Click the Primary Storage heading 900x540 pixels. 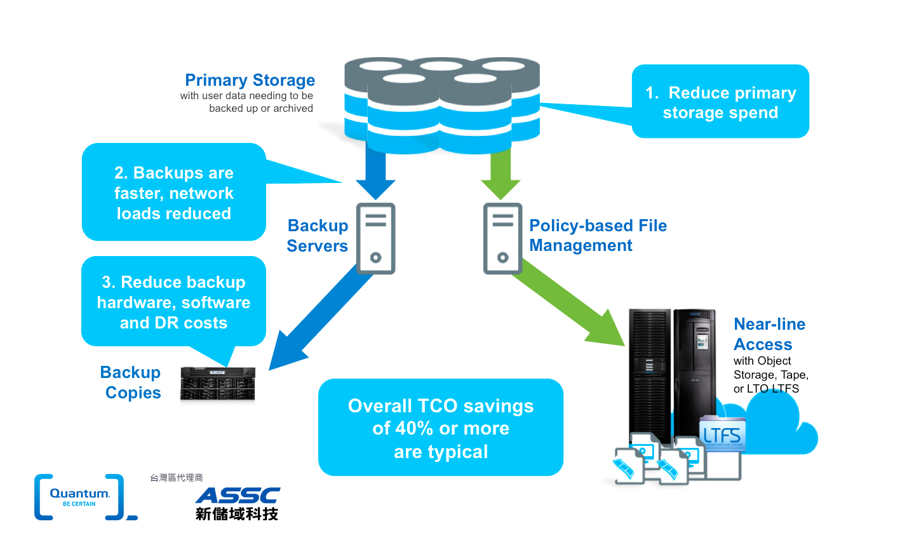tap(250, 81)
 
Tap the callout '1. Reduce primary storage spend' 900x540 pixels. tap(720, 102)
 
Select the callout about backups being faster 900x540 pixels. tap(173, 192)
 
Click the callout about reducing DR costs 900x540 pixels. tap(173, 302)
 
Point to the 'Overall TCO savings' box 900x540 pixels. tap(441, 428)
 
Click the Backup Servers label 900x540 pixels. tap(318, 236)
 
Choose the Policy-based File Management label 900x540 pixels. tap(598, 236)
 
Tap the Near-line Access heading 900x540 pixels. tap(769, 334)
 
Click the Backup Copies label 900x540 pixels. tap(131, 382)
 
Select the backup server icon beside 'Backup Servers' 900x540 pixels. tap(375, 238)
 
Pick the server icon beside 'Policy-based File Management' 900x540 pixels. tap(502, 238)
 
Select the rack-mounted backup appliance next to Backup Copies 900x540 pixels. tap(217, 383)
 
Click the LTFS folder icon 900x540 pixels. tap(722, 434)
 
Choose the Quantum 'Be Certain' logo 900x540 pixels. tap(81, 497)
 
